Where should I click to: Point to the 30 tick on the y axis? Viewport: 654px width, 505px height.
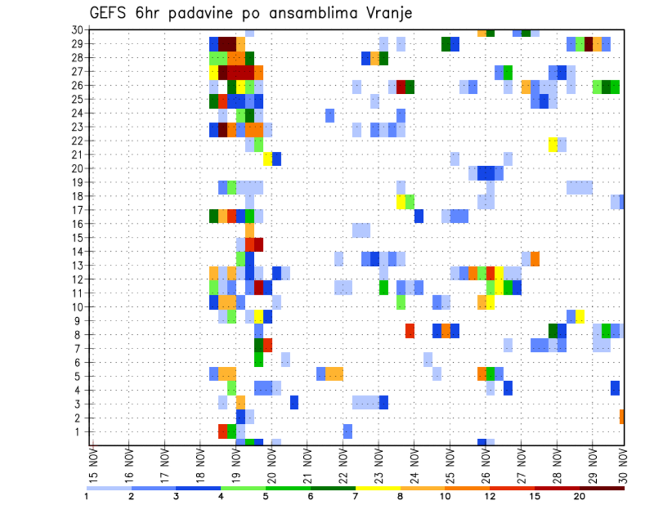[x=78, y=30]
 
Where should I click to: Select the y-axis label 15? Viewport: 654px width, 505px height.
[x=78, y=238]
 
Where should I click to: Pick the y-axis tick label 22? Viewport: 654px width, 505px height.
[x=78, y=141]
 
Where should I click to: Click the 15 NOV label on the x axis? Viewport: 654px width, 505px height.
[x=93, y=466]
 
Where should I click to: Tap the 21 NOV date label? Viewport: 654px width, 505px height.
[x=307, y=466]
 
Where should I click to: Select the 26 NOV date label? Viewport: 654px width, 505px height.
[x=485, y=466]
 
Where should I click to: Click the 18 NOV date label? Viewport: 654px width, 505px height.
[x=200, y=466]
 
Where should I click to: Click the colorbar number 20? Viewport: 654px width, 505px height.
[x=580, y=496]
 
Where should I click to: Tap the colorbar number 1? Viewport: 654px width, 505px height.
[x=87, y=496]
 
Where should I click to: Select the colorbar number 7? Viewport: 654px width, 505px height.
[x=356, y=496]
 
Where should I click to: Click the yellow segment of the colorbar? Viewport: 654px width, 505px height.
[x=378, y=488]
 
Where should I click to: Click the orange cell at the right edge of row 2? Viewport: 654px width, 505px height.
[x=622, y=417]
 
